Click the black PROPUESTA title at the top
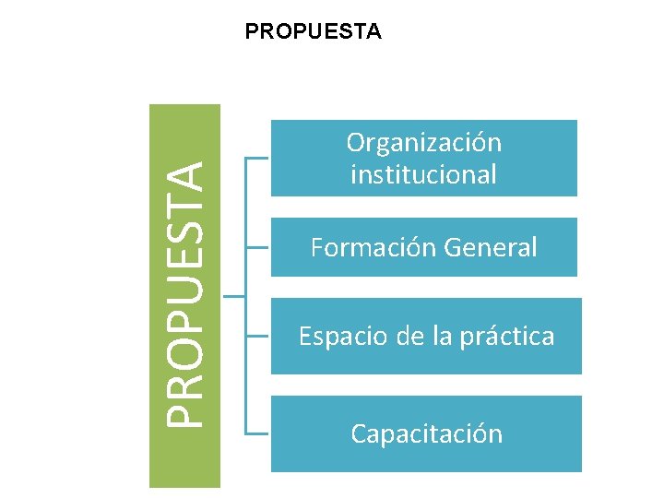(313, 32)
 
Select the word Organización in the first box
(424, 143)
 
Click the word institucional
(424, 173)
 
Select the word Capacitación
(426, 433)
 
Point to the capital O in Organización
(357, 143)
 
